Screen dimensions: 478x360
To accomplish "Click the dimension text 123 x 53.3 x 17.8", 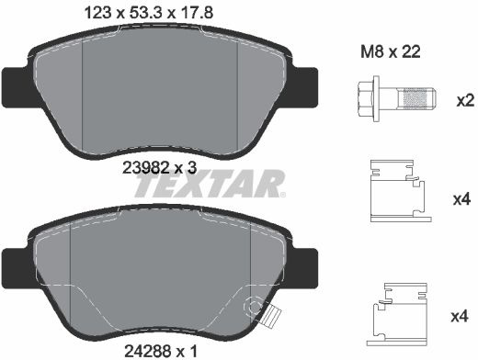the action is pos(149,13).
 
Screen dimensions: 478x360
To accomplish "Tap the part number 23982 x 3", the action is pos(159,168).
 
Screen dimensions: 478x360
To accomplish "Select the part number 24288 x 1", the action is pos(161,351).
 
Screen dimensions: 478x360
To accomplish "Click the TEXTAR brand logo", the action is pos(210,184).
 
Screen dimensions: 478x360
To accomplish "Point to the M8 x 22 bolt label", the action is pos(391,51).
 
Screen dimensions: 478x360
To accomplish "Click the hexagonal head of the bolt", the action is pos(366,98).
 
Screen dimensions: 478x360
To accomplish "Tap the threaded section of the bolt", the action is pos(415,98).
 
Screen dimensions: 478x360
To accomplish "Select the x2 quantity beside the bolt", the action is pos(465,101).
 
